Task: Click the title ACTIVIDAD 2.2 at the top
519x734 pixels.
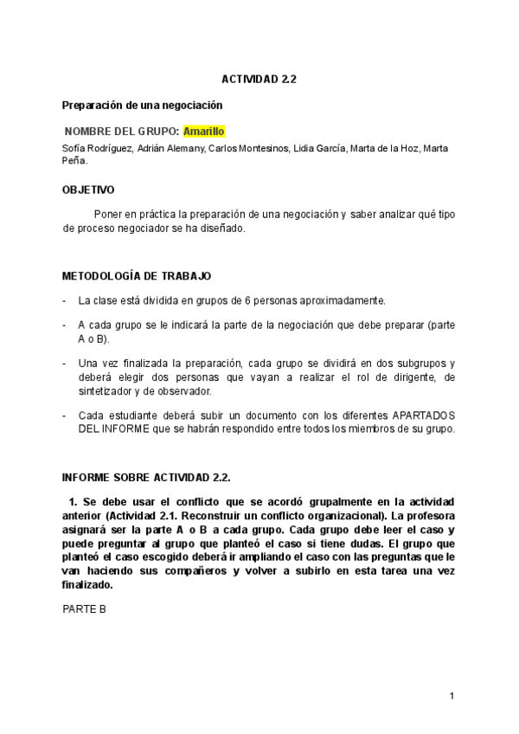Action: (259, 79)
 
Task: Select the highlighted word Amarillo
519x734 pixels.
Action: (204, 131)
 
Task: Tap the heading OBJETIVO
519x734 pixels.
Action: (88, 189)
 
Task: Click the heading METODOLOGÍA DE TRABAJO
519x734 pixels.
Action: (137, 276)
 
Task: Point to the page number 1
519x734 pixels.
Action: (452, 696)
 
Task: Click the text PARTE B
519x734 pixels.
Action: (84, 608)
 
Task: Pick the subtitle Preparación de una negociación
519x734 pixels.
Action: (143, 105)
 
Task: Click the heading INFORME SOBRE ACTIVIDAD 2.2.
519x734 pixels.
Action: (146, 477)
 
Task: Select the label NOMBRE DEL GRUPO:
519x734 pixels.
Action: (123, 131)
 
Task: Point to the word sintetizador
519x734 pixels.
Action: (108, 392)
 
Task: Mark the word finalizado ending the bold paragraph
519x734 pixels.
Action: (87, 584)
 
